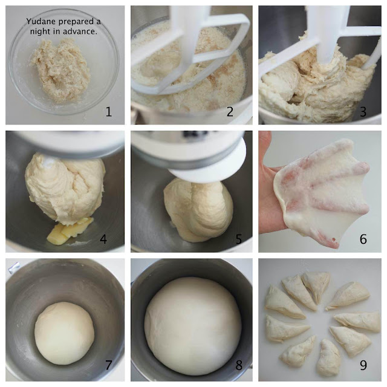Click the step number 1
click(x=109, y=111)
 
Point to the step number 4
click(x=103, y=239)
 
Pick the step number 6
click(x=363, y=239)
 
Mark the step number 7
click(x=109, y=365)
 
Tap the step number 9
click(x=363, y=365)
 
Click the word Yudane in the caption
click(x=41, y=21)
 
